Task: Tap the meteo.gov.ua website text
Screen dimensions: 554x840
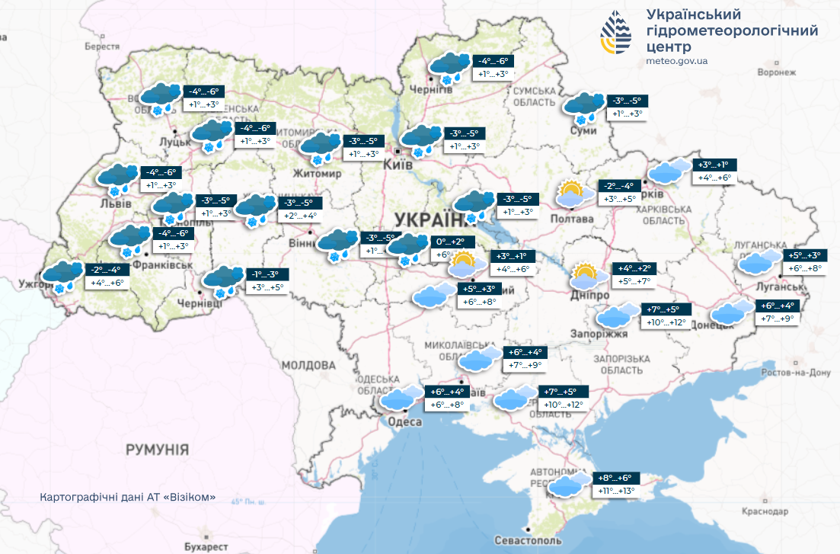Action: [676, 61]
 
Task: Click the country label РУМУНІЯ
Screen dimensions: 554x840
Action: [157, 450]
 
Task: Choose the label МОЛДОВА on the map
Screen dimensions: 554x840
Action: [308, 366]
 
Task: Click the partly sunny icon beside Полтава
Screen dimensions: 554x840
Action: [575, 194]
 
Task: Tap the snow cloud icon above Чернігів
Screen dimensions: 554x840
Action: [449, 67]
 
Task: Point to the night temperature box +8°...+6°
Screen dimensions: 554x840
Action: [614, 478]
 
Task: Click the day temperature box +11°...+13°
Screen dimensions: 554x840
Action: [614, 492]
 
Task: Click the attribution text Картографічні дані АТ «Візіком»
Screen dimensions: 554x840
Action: [128, 497]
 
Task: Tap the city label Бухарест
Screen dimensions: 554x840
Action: [206, 547]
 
